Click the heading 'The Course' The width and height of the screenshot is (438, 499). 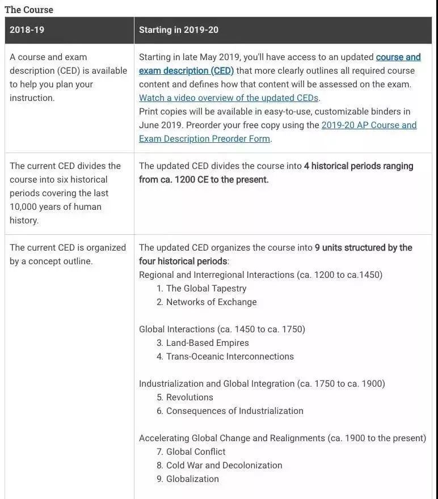[x=29, y=10]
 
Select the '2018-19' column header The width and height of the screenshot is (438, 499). [x=27, y=30]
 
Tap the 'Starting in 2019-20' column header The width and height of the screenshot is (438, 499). [x=179, y=30]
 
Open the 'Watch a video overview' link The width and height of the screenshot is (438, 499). [x=229, y=98]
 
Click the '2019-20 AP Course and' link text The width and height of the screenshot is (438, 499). [x=369, y=125]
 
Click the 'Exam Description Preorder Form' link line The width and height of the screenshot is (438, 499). [x=204, y=139]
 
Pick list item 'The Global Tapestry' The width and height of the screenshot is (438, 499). [x=206, y=289]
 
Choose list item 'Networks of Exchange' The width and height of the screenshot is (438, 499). [x=211, y=302]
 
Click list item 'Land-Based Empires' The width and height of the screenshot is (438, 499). [x=207, y=343]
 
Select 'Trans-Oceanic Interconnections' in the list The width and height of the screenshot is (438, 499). [x=230, y=357]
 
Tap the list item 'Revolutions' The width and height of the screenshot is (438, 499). [x=189, y=397]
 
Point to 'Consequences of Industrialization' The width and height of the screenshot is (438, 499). [x=234, y=411]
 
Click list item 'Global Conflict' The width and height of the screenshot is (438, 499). [x=195, y=452]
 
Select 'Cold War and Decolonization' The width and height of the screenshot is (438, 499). [x=224, y=466]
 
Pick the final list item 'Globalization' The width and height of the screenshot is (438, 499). [x=192, y=479]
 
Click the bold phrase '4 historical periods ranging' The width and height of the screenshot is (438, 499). [x=359, y=166]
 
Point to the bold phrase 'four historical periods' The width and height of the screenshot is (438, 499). [x=183, y=261]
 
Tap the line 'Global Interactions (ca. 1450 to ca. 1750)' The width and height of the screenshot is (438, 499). [x=222, y=329]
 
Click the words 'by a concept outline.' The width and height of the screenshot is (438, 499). [x=51, y=261]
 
